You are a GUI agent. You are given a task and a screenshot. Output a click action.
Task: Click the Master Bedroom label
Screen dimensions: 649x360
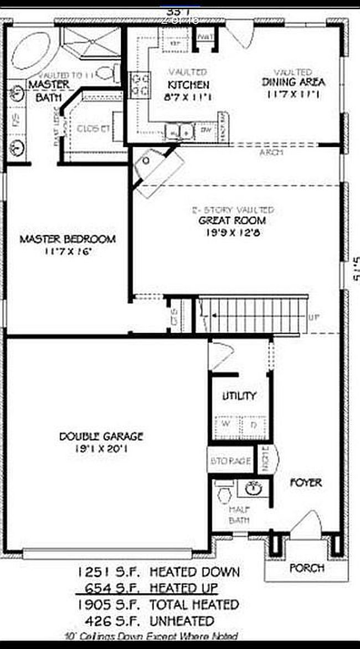68,239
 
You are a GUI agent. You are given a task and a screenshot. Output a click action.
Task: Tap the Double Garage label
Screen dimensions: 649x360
101,437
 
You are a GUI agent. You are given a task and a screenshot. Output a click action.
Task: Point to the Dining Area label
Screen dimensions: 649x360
294,83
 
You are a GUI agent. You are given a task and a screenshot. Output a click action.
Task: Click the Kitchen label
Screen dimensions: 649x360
189,85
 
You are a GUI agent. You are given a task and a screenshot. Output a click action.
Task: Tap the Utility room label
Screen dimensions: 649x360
239,396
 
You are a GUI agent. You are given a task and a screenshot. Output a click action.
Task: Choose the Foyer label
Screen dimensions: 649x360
306,483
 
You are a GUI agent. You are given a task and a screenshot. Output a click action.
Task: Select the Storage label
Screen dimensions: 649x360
231,461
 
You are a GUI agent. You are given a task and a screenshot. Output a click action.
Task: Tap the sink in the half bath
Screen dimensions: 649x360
254,489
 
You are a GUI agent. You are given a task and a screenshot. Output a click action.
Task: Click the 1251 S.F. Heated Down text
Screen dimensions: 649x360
158,571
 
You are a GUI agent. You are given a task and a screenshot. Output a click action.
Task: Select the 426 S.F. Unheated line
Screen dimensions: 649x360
146,620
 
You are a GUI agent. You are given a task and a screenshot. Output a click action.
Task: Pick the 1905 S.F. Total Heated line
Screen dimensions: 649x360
158,604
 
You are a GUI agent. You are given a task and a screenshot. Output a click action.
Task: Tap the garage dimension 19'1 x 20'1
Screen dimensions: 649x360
101,449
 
